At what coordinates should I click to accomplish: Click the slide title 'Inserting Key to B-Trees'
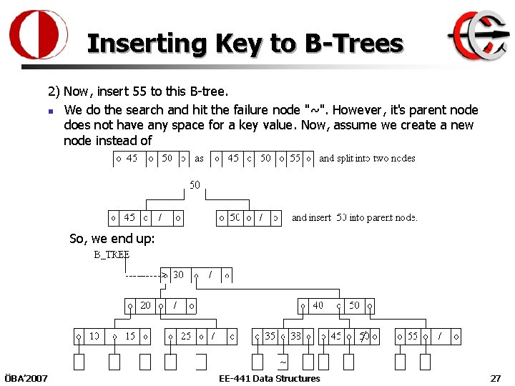245,44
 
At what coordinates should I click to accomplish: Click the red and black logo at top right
478,36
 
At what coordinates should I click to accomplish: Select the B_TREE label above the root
112,254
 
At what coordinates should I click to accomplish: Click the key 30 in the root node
178,274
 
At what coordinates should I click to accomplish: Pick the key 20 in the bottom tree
146,305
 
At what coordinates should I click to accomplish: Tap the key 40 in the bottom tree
318,305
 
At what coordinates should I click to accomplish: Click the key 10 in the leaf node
94,336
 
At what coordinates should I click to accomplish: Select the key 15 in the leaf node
129,336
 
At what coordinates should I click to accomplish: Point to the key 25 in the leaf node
186,336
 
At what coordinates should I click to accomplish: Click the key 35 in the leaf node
270,336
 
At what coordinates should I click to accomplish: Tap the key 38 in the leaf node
295,336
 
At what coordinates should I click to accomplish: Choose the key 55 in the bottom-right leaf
413,336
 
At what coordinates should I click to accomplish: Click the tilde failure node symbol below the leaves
283,361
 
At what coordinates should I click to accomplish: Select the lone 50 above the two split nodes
195,185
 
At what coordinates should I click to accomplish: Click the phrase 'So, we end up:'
112,239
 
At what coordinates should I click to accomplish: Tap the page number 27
495,378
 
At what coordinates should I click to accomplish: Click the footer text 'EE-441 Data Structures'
270,378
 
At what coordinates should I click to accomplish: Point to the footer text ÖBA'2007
26,378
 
